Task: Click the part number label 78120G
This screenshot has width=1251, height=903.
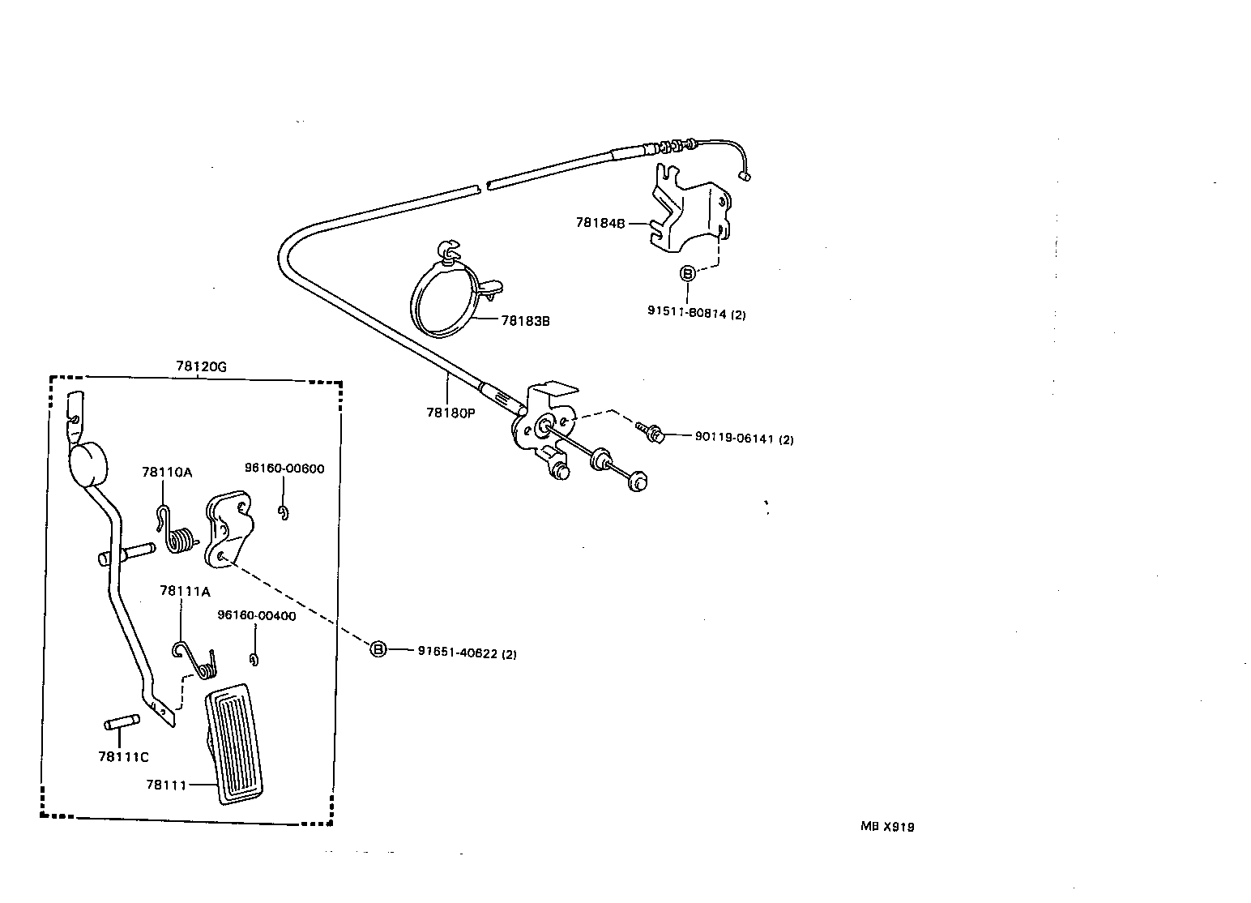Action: click(201, 366)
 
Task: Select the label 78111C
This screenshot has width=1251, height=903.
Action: click(123, 757)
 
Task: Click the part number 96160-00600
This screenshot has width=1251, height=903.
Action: click(284, 469)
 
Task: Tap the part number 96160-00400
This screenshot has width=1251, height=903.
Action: click(256, 615)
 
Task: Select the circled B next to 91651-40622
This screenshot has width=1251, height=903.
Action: click(378, 648)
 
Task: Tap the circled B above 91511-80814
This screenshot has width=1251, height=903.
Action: click(687, 274)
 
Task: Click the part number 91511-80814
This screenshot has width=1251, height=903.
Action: click(696, 314)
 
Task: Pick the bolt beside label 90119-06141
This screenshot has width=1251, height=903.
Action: click(651, 431)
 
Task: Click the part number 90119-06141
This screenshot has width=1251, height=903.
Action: click(744, 439)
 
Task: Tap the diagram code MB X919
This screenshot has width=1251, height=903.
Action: click(887, 828)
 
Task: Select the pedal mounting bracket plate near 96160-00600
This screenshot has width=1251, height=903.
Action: click(228, 529)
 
